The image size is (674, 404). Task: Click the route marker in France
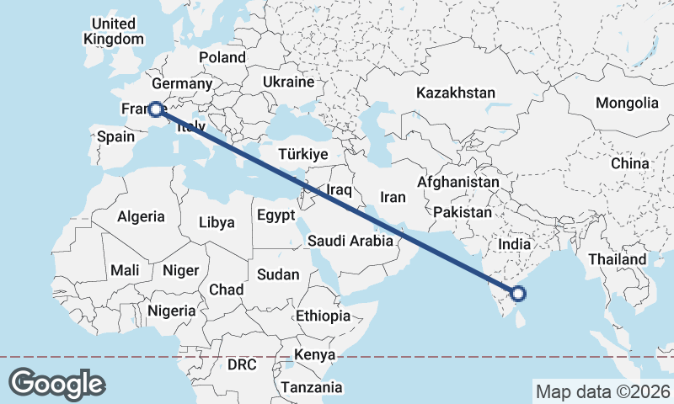155,109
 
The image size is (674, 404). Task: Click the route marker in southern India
518,294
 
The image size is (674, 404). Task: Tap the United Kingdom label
114,31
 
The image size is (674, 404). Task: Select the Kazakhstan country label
456,93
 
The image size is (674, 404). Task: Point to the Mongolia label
627,103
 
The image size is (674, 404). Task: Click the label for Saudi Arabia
350,241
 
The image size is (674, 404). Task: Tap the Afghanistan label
458,182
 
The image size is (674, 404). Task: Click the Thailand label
617,259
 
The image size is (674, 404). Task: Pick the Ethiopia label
323,316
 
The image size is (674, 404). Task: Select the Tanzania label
313,387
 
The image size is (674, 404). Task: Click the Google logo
56,384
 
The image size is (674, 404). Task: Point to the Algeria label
141,216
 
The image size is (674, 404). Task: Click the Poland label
222,57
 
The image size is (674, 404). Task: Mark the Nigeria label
171,310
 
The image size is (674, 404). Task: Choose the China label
630,162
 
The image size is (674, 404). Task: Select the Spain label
116,136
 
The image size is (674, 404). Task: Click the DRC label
242,365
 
